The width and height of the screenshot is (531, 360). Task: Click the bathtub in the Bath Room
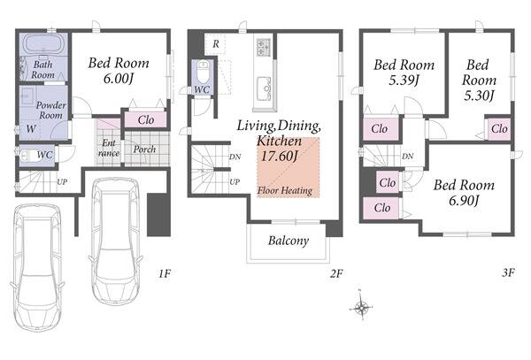[43, 44]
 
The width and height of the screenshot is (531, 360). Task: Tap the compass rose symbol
[361, 307]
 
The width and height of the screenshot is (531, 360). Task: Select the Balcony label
[289, 241]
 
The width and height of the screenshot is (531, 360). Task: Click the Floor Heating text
[285, 190]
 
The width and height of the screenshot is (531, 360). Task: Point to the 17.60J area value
[279, 156]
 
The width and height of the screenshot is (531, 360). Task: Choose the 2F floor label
[336, 273]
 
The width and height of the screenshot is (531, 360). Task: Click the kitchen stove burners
[264, 48]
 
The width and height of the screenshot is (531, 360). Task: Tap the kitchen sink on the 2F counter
[264, 88]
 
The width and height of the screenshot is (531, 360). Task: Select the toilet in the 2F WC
[203, 72]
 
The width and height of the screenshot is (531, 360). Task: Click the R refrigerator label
[216, 44]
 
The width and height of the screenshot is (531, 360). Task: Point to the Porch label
[144, 149]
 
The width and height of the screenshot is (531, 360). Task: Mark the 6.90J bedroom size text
[464, 201]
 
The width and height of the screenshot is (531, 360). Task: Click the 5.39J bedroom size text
[404, 80]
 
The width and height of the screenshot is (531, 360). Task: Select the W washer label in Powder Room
[31, 128]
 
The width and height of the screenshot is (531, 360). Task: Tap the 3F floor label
[508, 272]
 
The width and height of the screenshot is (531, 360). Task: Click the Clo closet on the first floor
[146, 119]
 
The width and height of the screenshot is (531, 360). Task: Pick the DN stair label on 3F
[408, 157]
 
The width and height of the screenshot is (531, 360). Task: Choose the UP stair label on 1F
[62, 182]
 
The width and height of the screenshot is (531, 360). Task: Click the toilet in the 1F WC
[27, 156]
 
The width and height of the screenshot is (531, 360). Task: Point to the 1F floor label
[165, 273]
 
